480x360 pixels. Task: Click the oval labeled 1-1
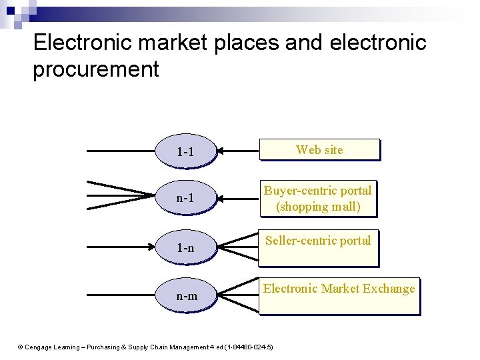(185, 152)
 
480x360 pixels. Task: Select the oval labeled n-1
(185, 198)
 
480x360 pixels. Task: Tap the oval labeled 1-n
(185, 248)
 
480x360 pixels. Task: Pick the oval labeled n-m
(186, 295)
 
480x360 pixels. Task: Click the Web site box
(319, 150)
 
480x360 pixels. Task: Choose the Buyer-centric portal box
(318, 199)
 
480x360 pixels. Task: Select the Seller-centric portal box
(318, 248)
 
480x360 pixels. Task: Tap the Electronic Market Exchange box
(339, 296)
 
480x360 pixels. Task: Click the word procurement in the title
(95, 69)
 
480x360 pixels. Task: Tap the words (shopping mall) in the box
(318, 207)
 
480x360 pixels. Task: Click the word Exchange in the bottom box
(389, 289)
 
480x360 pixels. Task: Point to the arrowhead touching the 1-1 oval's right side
(222, 151)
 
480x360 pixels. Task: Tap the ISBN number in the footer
(249, 347)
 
